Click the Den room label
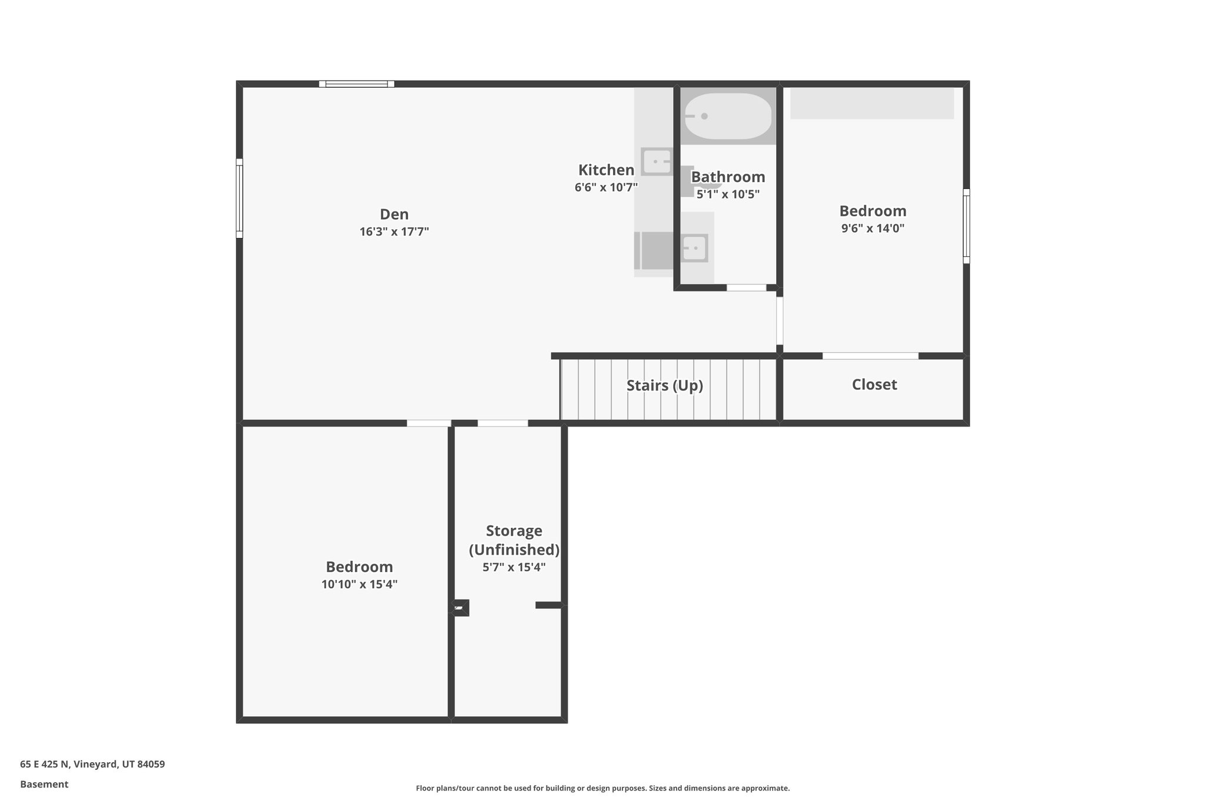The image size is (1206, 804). point(394,214)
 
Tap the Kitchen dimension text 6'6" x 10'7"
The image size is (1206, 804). point(606,188)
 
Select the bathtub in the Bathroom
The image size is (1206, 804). point(728,116)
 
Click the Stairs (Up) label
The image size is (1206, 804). point(664,386)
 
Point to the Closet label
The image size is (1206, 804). point(874,385)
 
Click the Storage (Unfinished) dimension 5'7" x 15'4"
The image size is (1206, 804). point(513,568)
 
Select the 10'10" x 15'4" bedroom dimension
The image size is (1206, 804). point(359,585)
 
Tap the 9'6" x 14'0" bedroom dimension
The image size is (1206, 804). point(872,229)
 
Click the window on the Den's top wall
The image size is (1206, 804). point(357,84)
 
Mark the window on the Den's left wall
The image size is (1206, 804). point(240,198)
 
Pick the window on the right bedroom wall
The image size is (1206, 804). point(966,226)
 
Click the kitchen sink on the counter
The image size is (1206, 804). point(656,161)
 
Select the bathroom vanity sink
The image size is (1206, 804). point(695,248)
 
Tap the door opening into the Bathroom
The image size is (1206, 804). point(746,287)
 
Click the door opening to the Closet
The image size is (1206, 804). point(870,356)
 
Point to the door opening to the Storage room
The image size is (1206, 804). point(502,423)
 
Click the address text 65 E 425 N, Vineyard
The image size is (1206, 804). point(92,765)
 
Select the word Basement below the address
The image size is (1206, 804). point(44,784)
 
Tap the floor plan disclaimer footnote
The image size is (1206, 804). point(602,788)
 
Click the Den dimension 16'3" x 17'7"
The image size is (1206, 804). point(394,232)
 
